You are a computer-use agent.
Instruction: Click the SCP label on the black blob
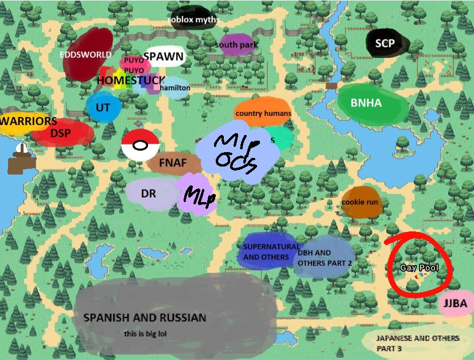point(386,43)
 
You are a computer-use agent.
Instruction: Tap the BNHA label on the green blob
point(366,103)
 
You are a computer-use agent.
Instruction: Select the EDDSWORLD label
point(86,55)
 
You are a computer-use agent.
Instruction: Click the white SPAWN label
point(164,56)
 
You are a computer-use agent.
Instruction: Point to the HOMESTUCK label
point(130,80)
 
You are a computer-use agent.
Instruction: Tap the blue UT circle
point(103,108)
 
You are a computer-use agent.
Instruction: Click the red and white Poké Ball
point(139,145)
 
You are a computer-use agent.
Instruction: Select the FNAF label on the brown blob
point(173,162)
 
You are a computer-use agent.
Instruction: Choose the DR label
point(148,193)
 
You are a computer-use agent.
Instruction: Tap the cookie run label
point(360,202)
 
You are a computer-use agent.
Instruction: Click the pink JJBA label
point(455,304)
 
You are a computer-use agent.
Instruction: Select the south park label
point(236,45)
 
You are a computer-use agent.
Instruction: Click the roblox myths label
point(193,20)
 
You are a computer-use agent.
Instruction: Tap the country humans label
point(263,113)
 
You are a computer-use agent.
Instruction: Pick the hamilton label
point(175,88)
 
